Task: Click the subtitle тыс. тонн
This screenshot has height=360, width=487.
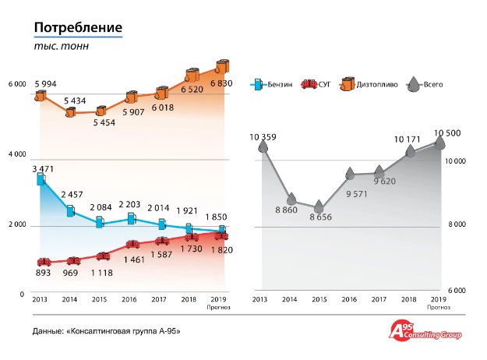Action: coord(61,46)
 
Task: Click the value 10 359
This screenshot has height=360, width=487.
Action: coord(264,137)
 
